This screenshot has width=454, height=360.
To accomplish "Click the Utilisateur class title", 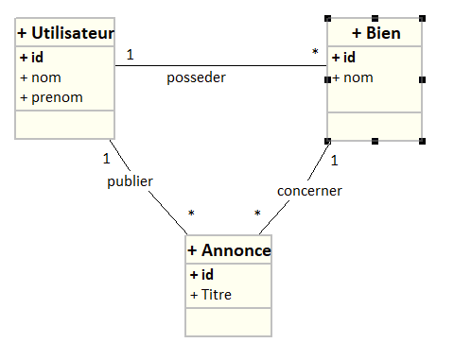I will click(x=65, y=33).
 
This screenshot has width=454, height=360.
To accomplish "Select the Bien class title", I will click(x=375, y=33).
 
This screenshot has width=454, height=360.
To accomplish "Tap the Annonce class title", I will click(x=229, y=250).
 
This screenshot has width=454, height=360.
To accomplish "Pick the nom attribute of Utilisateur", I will click(x=47, y=77).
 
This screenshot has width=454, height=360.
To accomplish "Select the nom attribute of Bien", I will click(x=357, y=77).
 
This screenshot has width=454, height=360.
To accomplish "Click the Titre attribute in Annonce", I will click(x=215, y=295).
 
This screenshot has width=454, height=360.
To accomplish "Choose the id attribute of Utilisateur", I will click(x=35, y=57).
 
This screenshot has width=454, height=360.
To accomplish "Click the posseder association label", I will click(x=196, y=77).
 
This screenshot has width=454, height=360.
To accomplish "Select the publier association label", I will click(x=130, y=180).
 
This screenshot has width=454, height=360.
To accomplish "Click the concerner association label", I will click(x=309, y=190).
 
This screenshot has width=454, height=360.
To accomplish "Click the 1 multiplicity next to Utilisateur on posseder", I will click(x=130, y=54).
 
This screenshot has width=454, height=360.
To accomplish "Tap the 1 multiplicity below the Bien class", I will click(x=334, y=160).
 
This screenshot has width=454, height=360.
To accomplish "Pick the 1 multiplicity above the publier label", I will click(x=107, y=158).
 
